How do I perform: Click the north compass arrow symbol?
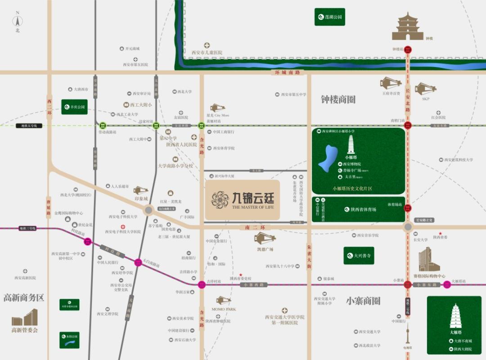coord(18,20)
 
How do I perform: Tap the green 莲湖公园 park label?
coord(330,17)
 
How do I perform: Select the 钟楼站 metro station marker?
coord(408,50)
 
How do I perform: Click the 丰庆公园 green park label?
coord(74,107)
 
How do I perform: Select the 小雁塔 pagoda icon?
coord(351,145)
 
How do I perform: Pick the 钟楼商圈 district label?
coord(338,99)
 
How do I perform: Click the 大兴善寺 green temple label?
coord(359,256)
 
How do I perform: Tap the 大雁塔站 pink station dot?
coord(447,284)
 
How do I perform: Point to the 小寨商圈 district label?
coord(364,301)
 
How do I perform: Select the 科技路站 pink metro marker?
coord(88,241)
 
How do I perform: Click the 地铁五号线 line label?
coord(29,126)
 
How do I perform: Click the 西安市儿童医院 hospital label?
coord(207,53)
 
